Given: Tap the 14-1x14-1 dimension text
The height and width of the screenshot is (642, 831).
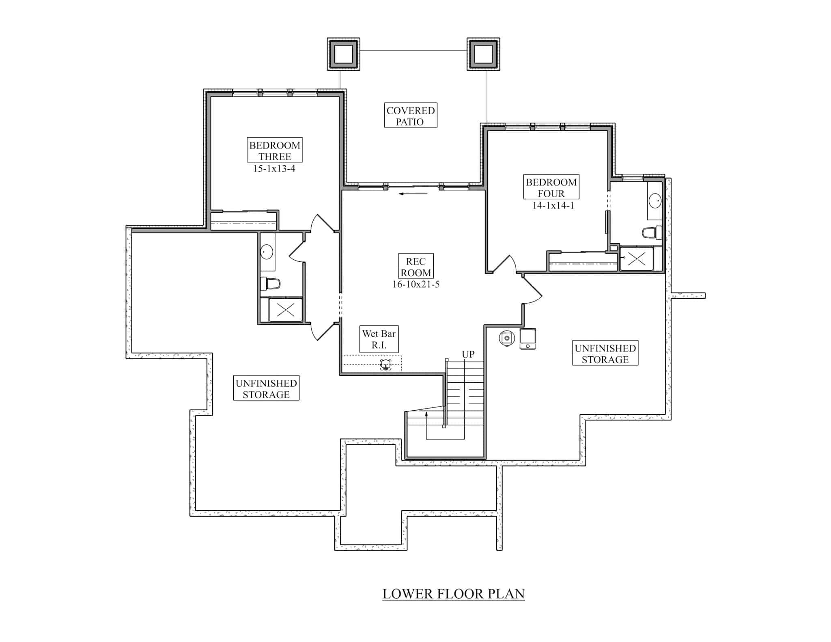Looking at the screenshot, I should (553, 206).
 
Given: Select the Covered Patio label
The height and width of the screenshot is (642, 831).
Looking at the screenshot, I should (411, 116).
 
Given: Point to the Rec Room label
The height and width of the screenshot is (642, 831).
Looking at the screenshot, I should (415, 267).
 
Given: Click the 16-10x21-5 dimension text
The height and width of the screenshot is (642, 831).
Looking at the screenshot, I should (415, 284).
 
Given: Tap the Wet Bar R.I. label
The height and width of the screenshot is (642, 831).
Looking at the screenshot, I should (379, 339).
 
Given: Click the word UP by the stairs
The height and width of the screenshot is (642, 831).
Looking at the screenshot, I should (468, 354).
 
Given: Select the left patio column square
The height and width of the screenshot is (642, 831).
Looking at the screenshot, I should (343, 54).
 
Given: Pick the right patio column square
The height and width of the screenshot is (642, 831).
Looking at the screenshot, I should (483, 54).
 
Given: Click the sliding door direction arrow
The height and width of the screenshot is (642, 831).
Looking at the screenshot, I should (413, 194).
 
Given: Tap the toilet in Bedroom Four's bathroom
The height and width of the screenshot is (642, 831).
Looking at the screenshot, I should (652, 233).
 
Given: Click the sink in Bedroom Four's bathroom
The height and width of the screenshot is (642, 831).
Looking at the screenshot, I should (655, 200).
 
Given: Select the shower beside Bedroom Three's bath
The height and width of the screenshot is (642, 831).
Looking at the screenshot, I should (285, 310).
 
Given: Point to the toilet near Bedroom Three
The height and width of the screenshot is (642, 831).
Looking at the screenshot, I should (270, 283).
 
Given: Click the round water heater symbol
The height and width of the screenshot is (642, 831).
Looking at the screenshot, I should (507, 338).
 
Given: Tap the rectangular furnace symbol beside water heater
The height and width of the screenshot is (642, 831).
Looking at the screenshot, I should (528, 339).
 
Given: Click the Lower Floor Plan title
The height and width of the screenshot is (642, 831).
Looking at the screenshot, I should (453, 594).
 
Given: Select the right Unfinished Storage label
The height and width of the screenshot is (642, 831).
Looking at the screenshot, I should (605, 353).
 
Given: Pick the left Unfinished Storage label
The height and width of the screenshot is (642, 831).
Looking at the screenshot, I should (266, 388).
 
